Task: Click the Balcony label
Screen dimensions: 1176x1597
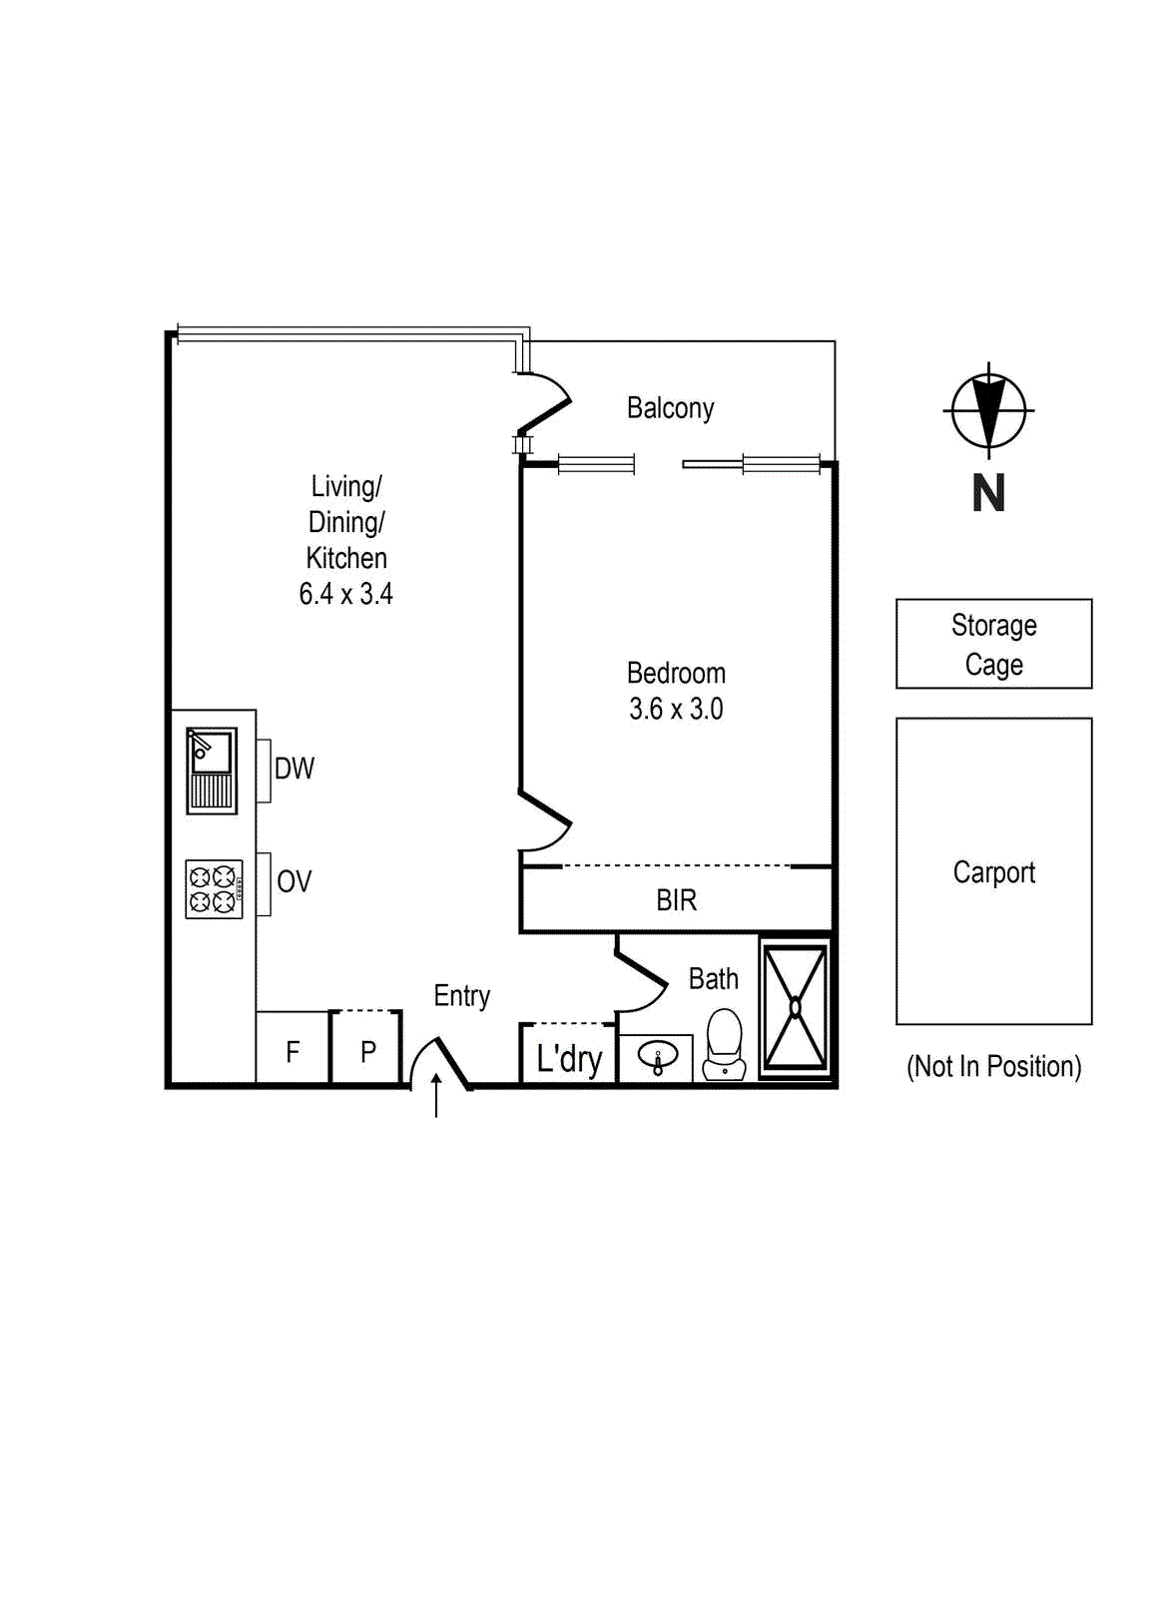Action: pyautogui.click(x=670, y=408)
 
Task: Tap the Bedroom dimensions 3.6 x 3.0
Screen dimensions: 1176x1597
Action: pyautogui.click(x=676, y=709)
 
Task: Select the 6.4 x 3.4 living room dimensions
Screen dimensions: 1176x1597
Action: pyautogui.click(x=345, y=594)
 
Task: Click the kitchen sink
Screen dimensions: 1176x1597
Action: pyautogui.click(x=211, y=770)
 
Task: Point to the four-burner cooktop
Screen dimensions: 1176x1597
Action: pyautogui.click(x=214, y=889)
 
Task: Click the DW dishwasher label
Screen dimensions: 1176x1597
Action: pyautogui.click(x=294, y=769)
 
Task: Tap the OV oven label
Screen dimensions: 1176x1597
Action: pyautogui.click(x=294, y=882)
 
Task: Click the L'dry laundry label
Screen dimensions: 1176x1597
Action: pyautogui.click(x=569, y=1059)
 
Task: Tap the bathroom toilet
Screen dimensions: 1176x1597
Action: pyautogui.click(x=725, y=1044)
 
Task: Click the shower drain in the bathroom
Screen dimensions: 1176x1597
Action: pyautogui.click(x=796, y=1007)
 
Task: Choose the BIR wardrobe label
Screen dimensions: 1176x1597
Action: pyautogui.click(x=676, y=900)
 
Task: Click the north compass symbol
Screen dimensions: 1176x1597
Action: pyautogui.click(x=988, y=410)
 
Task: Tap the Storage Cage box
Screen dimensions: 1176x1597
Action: pyautogui.click(x=993, y=644)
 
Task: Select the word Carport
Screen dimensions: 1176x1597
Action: pyautogui.click(x=994, y=872)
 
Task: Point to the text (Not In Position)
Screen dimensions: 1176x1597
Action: pyautogui.click(x=994, y=1066)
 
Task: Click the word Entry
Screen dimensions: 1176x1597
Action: pyautogui.click(x=462, y=996)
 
